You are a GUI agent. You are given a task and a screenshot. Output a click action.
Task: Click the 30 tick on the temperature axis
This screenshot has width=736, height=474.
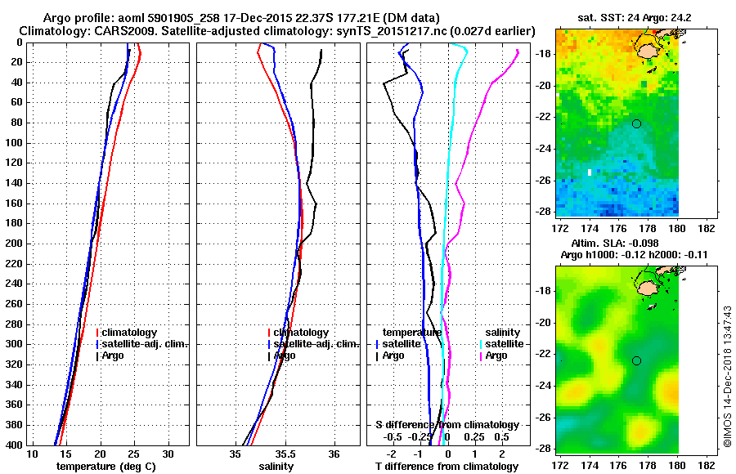[168, 454]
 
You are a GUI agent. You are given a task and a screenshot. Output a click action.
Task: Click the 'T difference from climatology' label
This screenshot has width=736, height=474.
[447, 467]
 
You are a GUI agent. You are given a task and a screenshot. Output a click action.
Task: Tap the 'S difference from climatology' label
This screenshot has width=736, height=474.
[447, 425]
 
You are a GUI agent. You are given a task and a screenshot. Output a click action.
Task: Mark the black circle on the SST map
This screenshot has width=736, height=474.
[636, 123]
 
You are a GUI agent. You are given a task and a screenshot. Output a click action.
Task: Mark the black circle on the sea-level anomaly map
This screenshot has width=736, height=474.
[636, 360]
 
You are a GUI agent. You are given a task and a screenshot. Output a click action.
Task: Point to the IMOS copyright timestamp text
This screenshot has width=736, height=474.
[727, 376]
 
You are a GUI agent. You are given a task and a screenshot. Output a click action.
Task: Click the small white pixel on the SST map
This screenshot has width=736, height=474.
[588, 172]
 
